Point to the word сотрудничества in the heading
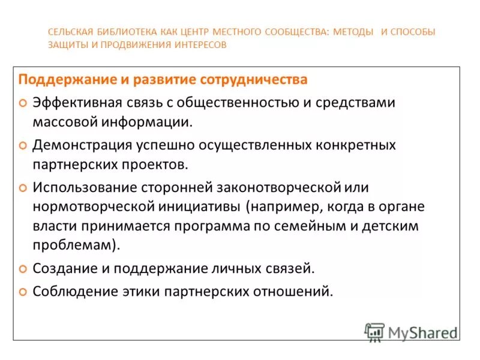pos(262,79)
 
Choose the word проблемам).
pos(76,245)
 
